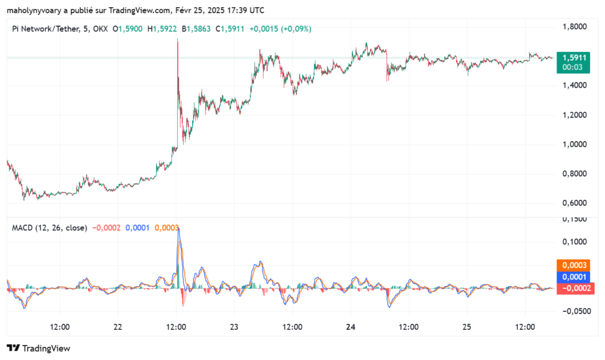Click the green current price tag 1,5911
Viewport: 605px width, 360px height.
pyautogui.click(x=575, y=58)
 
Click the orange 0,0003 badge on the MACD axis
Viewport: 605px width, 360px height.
pyautogui.click(x=575, y=265)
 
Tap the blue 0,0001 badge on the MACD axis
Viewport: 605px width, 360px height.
pyautogui.click(x=575, y=277)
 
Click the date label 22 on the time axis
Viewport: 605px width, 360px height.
pyautogui.click(x=118, y=327)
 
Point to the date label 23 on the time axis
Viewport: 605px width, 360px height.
pyautogui.click(x=235, y=327)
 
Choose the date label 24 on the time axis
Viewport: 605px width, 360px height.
pyautogui.click(x=351, y=327)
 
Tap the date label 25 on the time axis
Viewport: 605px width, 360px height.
pyautogui.click(x=467, y=327)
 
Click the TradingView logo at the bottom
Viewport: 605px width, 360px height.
pyautogui.click(x=38, y=348)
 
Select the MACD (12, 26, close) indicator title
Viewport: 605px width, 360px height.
pyautogui.click(x=50, y=228)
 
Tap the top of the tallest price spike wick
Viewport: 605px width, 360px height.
pyautogui.click(x=177, y=39)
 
